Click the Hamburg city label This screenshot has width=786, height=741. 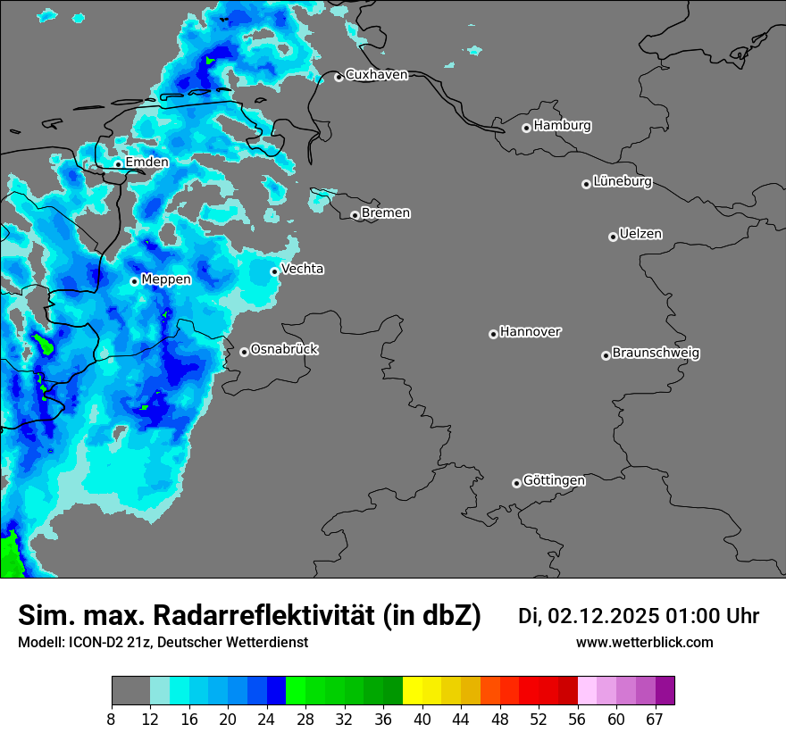pyautogui.click(x=562, y=126)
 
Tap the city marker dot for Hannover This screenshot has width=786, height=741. pyautogui.click(x=493, y=334)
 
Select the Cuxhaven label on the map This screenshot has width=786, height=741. pyautogui.click(x=376, y=75)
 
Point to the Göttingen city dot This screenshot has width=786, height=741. pyautogui.click(x=516, y=483)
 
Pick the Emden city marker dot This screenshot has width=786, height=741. pyautogui.click(x=118, y=164)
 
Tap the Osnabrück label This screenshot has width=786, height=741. pyautogui.click(x=284, y=350)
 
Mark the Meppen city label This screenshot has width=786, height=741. pyautogui.click(x=166, y=279)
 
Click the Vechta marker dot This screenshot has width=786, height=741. pyautogui.click(x=274, y=271)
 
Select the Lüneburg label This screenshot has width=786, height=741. pyautogui.click(x=623, y=182)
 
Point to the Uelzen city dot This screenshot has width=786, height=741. pyautogui.click(x=613, y=237)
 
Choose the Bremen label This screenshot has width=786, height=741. pyautogui.click(x=386, y=213)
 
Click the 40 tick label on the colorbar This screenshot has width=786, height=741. pyautogui.click(x=422, y=720)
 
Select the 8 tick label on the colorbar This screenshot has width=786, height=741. pyautogui.click(x=112, y=720)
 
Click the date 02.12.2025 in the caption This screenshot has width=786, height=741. pyautogui.click(x=603, y=616)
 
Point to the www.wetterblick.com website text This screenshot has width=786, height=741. pyautogui.click(x=644, y=643)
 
